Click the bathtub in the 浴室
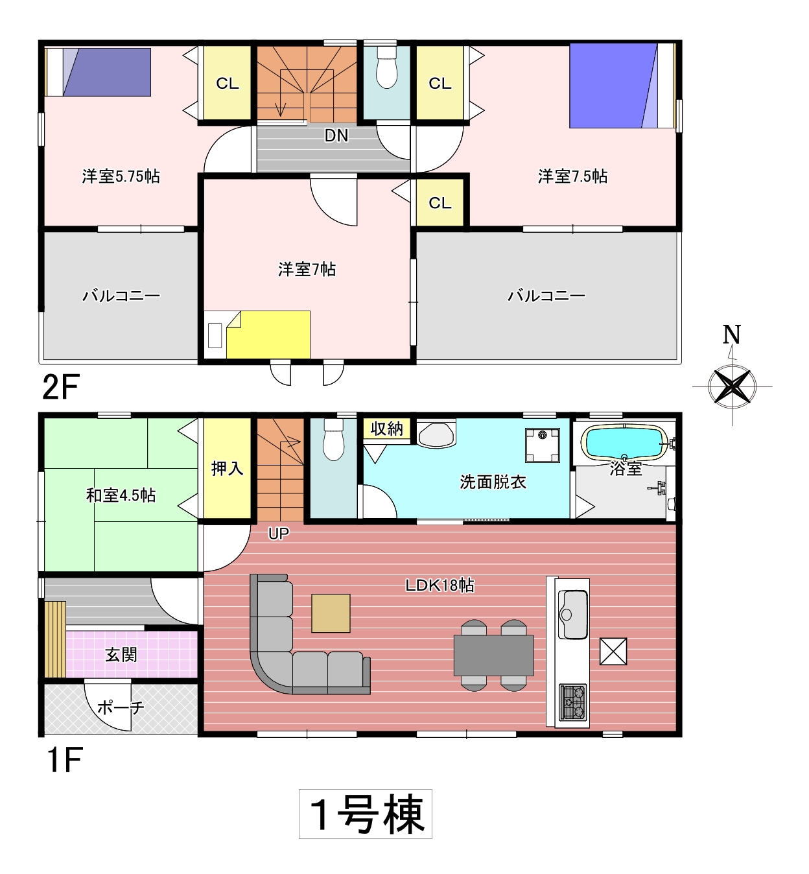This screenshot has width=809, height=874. tap(624, 442)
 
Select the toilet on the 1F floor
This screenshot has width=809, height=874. tap(333, 439)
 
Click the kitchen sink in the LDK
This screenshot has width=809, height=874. tap(572, 615)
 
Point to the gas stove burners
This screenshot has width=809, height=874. tap(572, 702)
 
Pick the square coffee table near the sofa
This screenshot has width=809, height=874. tap(331, 613)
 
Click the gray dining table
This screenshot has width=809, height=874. tap(493, 655)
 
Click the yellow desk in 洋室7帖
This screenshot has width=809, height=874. tap(268, 335)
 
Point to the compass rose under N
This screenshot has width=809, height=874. tap(732, 386)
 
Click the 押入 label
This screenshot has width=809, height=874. tap(227, 469)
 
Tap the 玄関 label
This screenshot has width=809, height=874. tap(121, 655)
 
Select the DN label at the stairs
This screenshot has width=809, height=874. tap(336, 136)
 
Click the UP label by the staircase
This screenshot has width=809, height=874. tap(279, 534)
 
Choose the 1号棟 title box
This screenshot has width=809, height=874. tap(366, 814)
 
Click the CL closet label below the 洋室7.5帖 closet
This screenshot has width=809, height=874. tap(440, 203)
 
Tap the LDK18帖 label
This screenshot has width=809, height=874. tap(440, 585)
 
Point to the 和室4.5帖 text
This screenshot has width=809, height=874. tap(121, 495)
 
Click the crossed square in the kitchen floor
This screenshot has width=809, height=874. tap(613, 652)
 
